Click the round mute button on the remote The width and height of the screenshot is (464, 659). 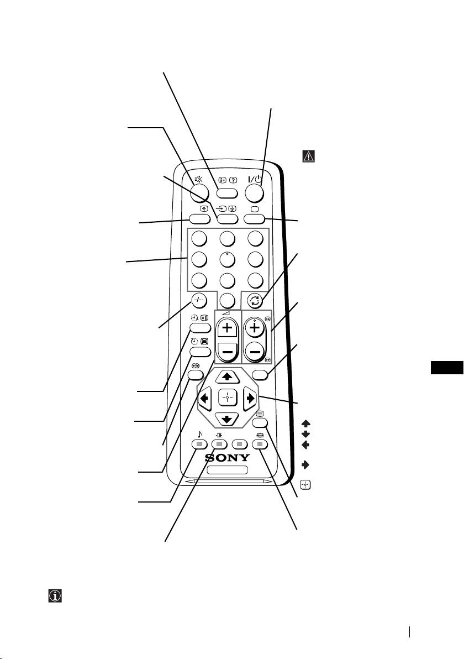(199, 191)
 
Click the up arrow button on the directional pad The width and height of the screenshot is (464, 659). (228, 377)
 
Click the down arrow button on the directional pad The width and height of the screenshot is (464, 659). (228, 417)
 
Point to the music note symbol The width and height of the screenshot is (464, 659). (199, 434)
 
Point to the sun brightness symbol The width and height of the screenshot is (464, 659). (219, 434)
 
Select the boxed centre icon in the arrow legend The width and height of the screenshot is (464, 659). (305, 485)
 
